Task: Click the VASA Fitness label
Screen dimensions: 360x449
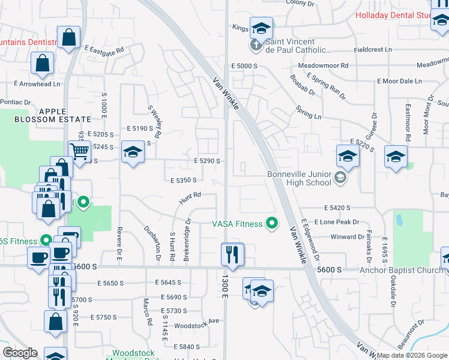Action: coord(237,224)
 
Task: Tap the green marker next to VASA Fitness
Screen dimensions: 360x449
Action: coord(272,224)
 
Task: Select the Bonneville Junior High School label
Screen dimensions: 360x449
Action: coord(298,179)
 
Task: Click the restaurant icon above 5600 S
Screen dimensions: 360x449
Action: coord(232,254)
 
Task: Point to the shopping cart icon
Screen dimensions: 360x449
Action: coord(80,150)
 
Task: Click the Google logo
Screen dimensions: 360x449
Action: coord(20,353)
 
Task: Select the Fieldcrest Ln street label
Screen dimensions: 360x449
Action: coord(372,50)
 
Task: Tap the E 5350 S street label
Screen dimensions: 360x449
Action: coord(184,180)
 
